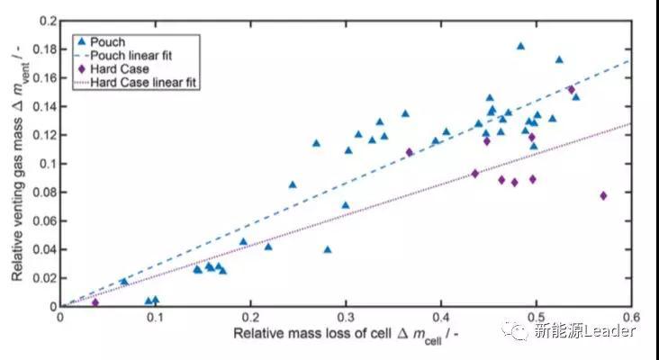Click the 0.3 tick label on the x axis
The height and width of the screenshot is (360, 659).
click(346, 317)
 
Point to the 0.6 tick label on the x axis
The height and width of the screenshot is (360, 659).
click(633, 317)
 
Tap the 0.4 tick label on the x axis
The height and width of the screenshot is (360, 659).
click(441, 317)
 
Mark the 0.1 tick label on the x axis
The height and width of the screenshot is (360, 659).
click(155, 317)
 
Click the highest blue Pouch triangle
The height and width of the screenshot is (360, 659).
click(520, 46)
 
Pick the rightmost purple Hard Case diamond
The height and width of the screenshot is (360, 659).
click(603, 195)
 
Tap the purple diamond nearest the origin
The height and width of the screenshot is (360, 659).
click(95, 302)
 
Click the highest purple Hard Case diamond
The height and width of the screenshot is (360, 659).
click(571, 89)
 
